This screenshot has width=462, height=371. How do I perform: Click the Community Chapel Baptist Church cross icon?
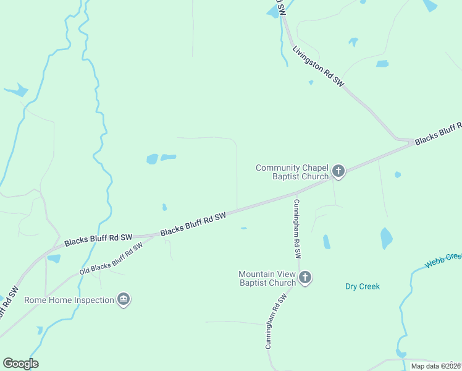(338, 171)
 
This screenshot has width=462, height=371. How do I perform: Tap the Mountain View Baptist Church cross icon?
(305, 278)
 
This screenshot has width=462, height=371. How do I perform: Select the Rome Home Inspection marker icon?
(124, 300)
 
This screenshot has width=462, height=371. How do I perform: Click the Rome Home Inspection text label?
(69, 301)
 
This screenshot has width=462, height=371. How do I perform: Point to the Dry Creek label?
(362, 287)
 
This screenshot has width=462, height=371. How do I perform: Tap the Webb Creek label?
(443, 260)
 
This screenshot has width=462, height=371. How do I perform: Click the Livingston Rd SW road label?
(317, 65)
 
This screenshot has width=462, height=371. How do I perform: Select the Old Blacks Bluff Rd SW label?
(111, 259)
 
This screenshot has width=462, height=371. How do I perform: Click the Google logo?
(20, 364)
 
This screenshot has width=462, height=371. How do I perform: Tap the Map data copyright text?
(435, 366)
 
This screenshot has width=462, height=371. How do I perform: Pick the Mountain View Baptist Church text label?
(267, 279)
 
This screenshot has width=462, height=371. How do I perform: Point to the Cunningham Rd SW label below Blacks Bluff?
(297, 228)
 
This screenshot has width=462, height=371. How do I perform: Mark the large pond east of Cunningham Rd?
(386, 238)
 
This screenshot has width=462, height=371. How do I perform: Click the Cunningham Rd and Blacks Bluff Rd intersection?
(296, 193)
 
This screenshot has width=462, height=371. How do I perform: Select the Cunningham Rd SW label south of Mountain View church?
(277, 321)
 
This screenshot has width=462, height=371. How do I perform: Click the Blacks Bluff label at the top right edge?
(439, 133)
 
